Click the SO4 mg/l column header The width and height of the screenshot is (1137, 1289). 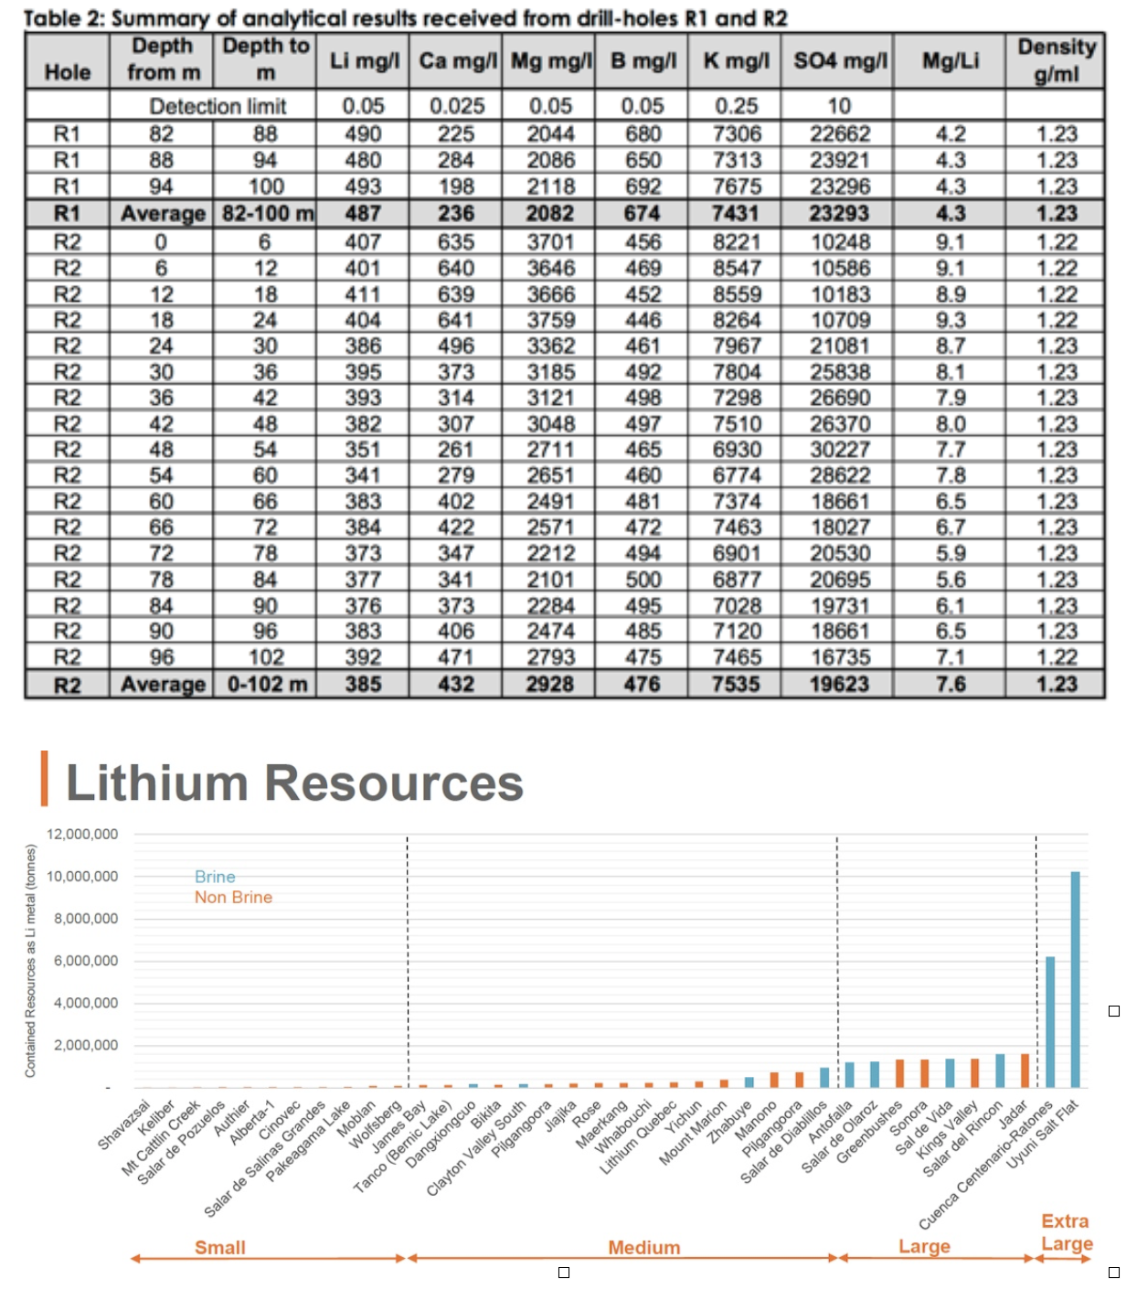(x=840, y=61)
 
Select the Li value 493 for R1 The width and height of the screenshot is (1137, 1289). (x=363, y=186)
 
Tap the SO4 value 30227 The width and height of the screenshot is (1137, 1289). (x=840, y=450)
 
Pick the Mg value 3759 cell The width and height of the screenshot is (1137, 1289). (x=550, y=320)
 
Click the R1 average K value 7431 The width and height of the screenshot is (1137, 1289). (x=736, y=213)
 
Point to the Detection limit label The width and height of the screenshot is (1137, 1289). (x=218, y=106)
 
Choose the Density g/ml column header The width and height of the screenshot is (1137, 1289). (x=1057, y=59)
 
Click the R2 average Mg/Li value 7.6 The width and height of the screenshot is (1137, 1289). (x=951, y=685)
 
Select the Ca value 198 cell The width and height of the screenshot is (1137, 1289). (x=456, y=186)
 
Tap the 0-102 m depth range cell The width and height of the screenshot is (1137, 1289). (x=267, y=685)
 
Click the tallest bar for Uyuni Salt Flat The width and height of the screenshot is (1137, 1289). (x=1075, y=979)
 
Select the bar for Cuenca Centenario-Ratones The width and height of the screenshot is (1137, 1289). (x=1050, y=1022)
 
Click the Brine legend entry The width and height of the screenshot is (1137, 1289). (x=215, y=877)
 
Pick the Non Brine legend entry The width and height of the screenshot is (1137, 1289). (x=233, y=897)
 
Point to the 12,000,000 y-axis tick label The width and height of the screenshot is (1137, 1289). (x=82, y=834)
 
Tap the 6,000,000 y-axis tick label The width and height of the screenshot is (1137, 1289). (x=86, y=961)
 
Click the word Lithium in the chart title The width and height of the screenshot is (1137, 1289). (x=157, y=783)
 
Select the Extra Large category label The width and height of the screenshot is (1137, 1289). (x=1067, y=1232)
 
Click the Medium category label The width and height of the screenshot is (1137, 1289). (x=643, y=1248)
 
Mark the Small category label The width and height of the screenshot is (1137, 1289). (x=219, y=1248)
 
